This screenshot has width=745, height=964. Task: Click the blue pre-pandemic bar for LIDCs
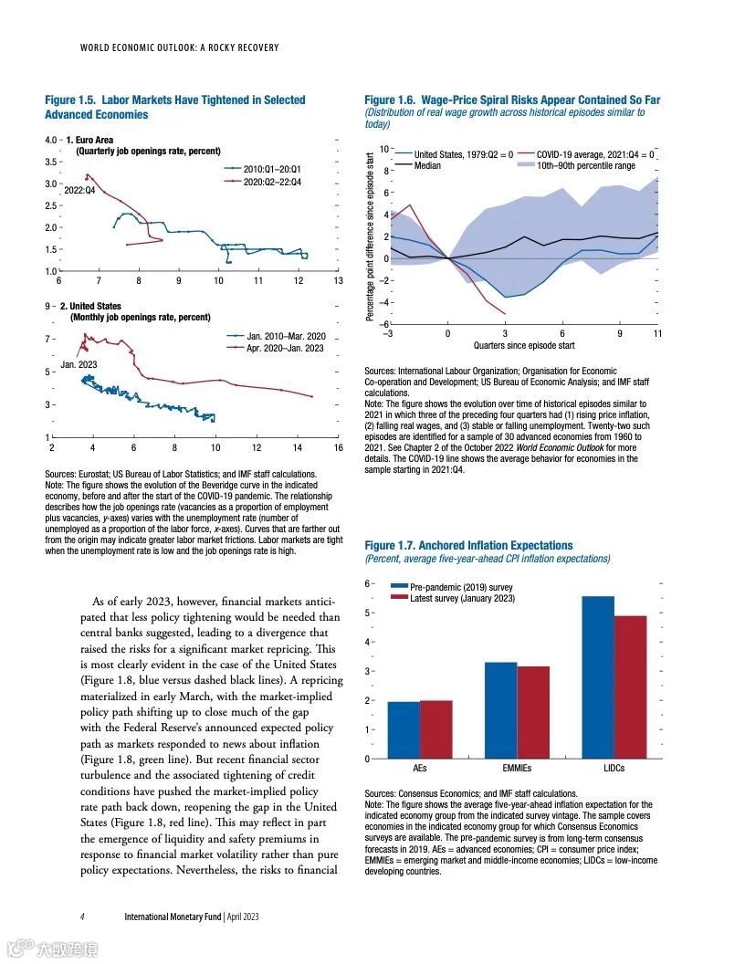[597, 676]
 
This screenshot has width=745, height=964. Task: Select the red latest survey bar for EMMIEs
[533, 712]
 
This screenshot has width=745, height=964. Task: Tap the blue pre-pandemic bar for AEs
[404, 729]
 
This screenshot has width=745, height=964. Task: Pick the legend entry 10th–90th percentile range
[585, 166]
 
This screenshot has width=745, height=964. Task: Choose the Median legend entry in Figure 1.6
[427, 166]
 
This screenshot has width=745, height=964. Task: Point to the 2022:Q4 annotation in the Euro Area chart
[80, 189]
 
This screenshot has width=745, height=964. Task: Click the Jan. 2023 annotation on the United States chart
[79, 364]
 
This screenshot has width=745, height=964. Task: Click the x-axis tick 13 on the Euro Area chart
[338, 281]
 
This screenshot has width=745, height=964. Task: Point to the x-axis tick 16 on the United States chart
[338, 448]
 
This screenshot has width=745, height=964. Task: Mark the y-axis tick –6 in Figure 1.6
[384, 325]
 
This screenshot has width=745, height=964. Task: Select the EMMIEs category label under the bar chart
[517, 769]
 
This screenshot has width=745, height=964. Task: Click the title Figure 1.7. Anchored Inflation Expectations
[468, 545]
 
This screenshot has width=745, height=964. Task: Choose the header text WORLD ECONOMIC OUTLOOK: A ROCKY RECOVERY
[179, 47]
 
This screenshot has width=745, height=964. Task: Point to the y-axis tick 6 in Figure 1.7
[368, 583]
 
